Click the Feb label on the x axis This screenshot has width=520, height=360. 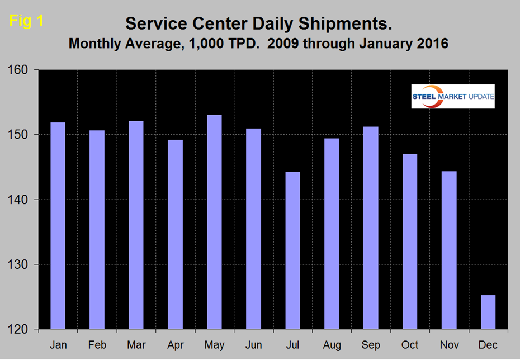97,345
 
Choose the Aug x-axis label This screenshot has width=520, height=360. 332,345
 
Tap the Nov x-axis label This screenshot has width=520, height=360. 449,345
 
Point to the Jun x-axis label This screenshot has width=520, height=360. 253,345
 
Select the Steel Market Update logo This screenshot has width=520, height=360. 453,97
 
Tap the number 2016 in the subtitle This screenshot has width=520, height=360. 431,44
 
